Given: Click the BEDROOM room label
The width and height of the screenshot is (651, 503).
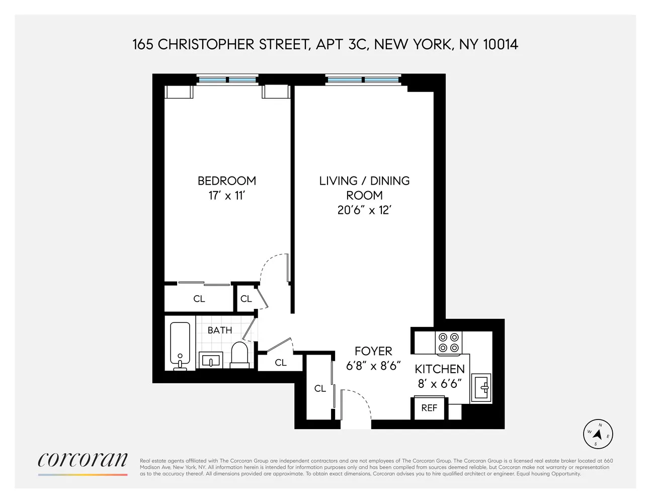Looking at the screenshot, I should [x=226, y=181].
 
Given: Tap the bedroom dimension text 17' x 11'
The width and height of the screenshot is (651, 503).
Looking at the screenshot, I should [x=226, y=196].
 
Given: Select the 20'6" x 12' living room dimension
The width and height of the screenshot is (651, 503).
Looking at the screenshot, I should [x=364, y=210].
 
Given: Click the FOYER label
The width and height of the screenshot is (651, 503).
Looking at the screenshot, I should [x=373, y=351].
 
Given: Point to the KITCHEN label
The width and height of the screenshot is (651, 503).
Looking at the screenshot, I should [x=439, y=369].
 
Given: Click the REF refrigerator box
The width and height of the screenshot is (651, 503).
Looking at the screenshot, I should [x=429, y=408].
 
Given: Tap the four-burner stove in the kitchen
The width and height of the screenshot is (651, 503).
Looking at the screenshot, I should [x=449, y=343].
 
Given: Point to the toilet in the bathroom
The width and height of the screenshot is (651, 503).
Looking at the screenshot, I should [x=239, y=354].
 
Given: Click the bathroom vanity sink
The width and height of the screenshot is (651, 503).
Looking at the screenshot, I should [x=211, y=360].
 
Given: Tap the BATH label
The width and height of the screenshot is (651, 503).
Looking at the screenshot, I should [x=220, y=330].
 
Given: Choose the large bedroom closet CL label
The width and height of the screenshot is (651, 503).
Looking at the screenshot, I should [x=199, y=299].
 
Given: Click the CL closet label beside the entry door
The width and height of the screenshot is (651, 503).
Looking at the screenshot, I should [x=320, y=388].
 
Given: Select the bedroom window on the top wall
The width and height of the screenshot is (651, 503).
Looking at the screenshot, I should [x=227, y=79].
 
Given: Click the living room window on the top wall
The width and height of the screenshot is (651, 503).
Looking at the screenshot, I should [x=363, y=79].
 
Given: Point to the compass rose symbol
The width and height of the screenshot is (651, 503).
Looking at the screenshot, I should [x=598, y=434].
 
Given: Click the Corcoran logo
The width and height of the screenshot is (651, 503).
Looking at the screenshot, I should [x=83, y=460].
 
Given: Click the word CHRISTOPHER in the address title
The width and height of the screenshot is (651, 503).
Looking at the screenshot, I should [x=206, y=44].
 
